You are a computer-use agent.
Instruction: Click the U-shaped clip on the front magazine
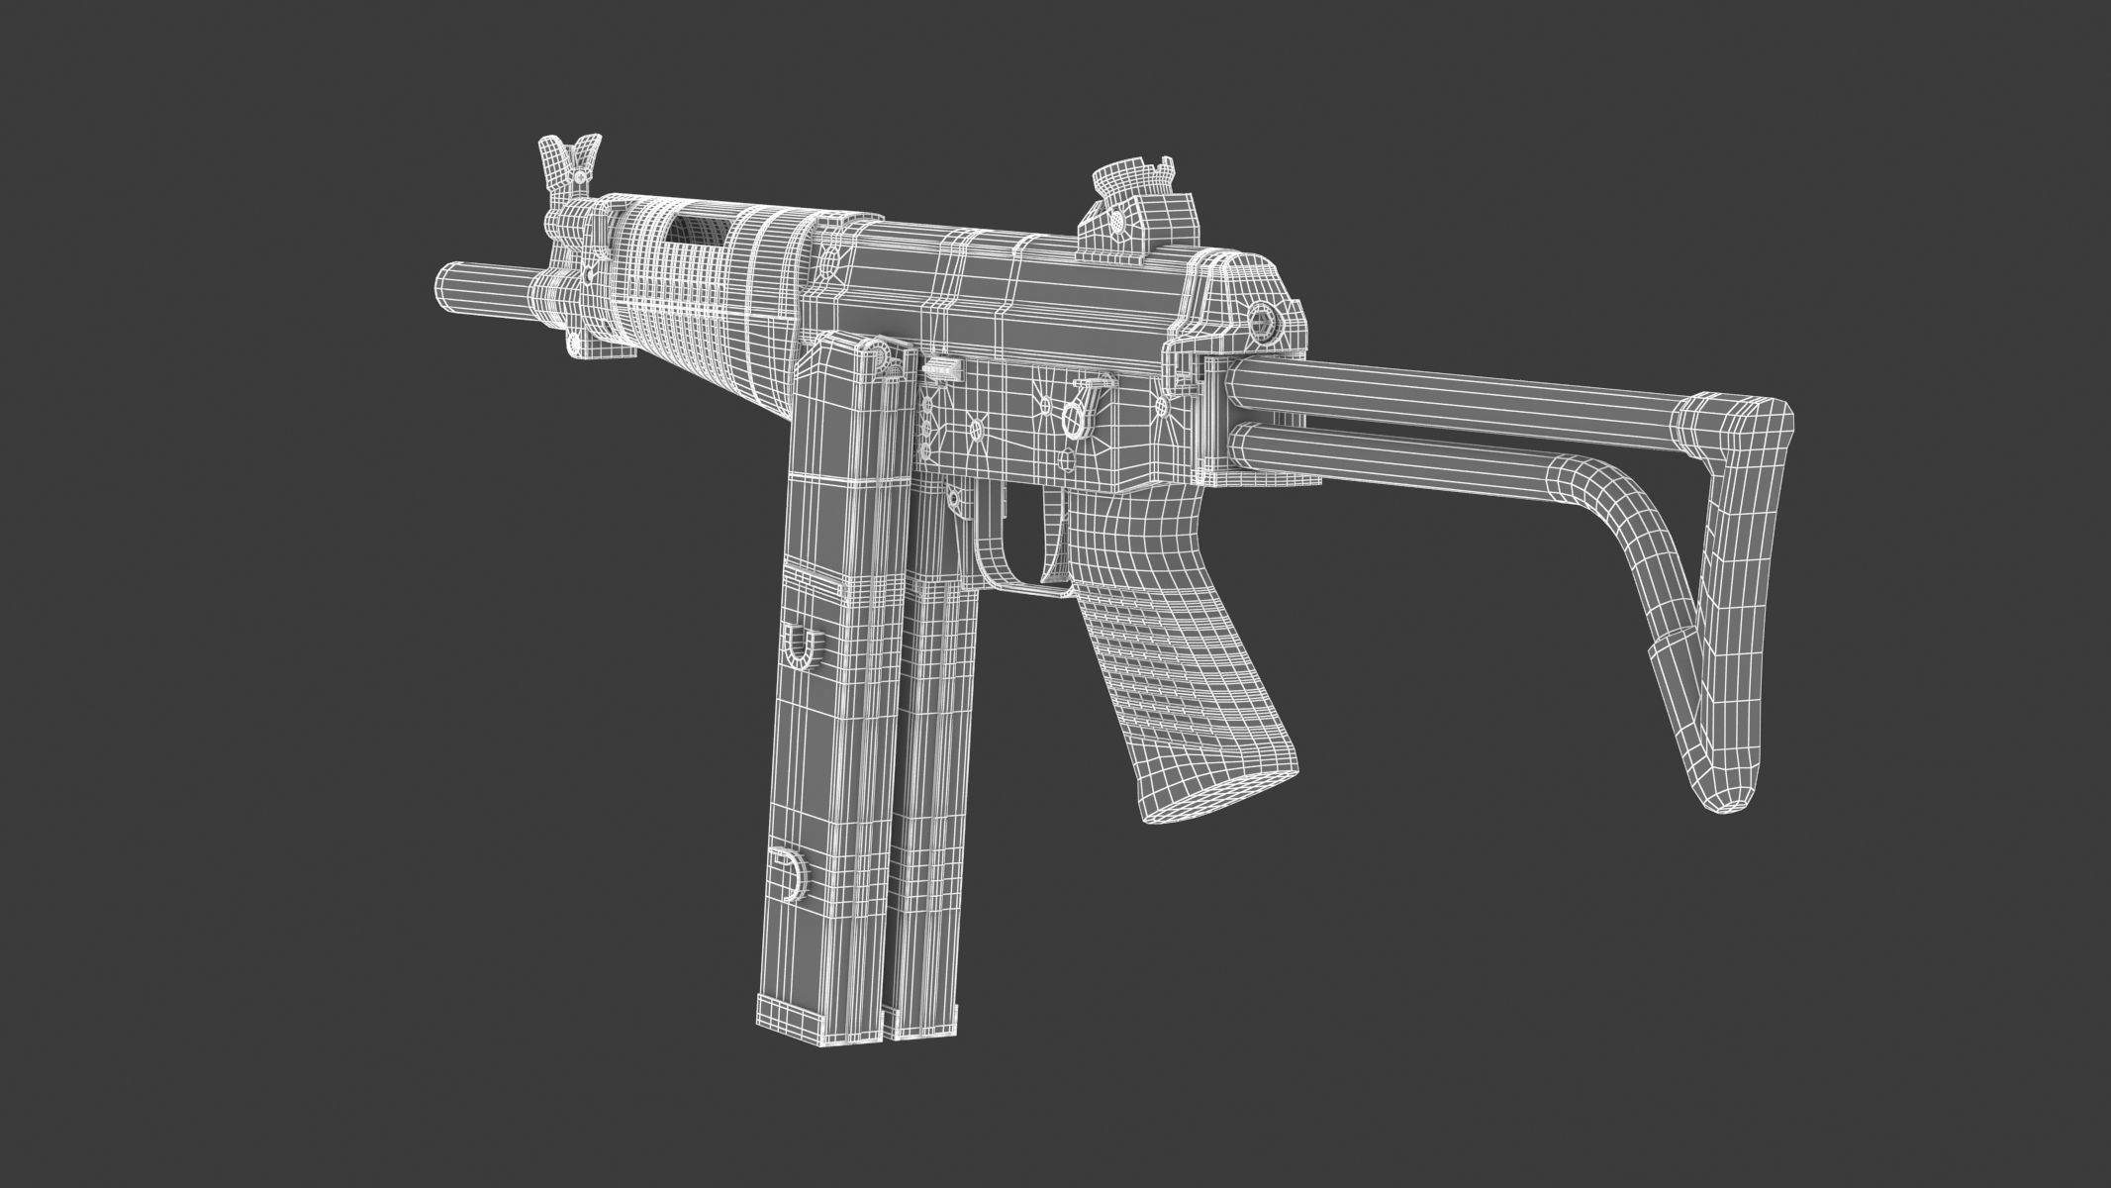pyautogui.click(x=799, y=648)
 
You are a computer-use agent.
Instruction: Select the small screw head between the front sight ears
pyautogui.click(x=576, y=175)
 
